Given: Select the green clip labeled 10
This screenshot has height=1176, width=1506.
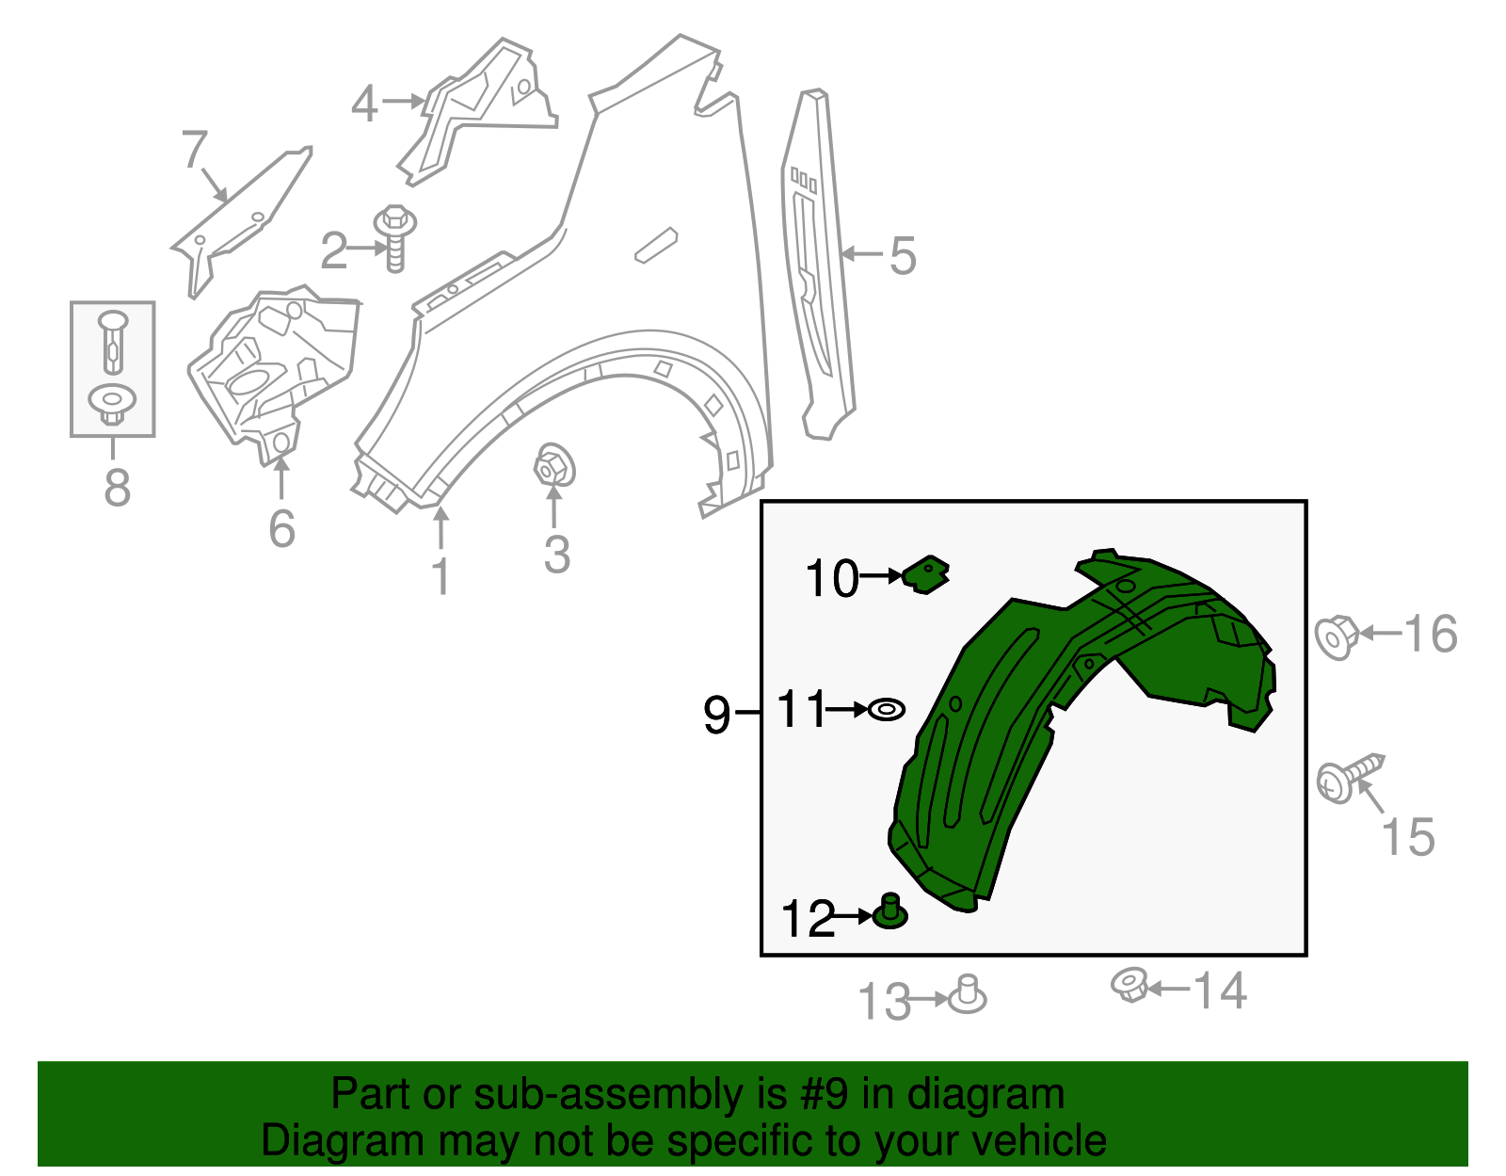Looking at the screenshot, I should pyautogui.click(x=926, y=573).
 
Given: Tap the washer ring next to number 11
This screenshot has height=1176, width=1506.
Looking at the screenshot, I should pyautogui.click(x=886, y=709).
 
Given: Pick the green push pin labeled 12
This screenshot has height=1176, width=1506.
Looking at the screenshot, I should pyautogui.click(x=890, y=912).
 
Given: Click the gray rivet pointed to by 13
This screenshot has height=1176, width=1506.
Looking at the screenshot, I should pyautogui.click(x=967, y=996).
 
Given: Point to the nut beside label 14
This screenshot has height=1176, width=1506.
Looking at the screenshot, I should pyautogui.click(x=1129, y=986).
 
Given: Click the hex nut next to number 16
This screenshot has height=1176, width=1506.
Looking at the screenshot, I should pyautogui.click(x=1337, y=636).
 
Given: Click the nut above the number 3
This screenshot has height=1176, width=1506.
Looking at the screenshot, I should pyautogui.click(x=553, y=466).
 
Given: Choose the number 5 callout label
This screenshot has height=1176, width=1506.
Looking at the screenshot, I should pyautogui.click(x=903, y=256).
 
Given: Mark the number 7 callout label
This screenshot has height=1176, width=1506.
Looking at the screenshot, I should pyautogui.click(x=194, y=150).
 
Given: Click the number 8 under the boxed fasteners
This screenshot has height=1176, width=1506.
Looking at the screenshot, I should pyautogui.click(x=117, y=488).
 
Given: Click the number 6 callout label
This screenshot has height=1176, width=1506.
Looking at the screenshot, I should pyautogui.click(x=281, y=528).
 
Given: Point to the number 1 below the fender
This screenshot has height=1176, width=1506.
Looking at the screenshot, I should pyautogui.click(x=441, y=575).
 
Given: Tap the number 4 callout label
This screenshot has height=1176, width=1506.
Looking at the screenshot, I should pyautogui.click(x=364, y=104).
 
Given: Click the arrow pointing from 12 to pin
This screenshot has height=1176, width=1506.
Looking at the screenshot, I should pyautogui.click(x=855, y=915).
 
